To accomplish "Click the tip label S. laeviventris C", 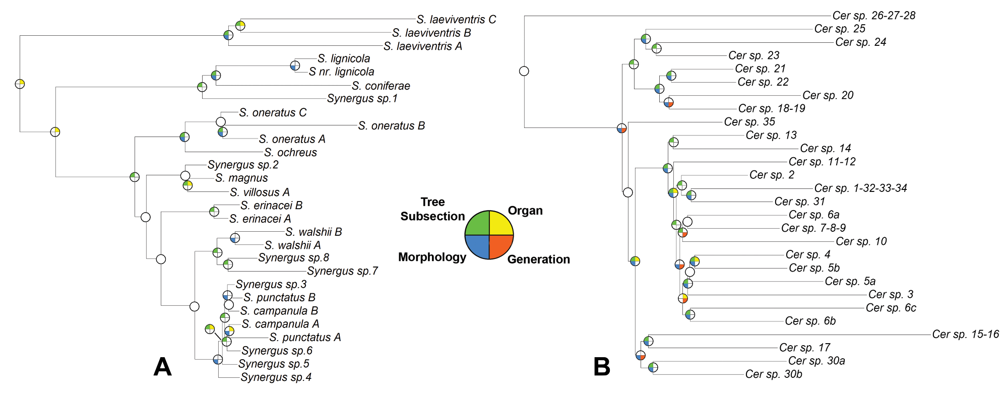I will pos(456,20).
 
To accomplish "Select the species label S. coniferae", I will pos(381,86).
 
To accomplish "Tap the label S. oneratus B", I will pos(391,126).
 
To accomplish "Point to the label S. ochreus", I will pos(290,153).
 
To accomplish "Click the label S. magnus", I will pos(241,178).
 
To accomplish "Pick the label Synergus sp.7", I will pos(342,271).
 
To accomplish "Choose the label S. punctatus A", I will pos(305,338).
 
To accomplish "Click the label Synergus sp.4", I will pos(276,377).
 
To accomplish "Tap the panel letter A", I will pos(162,367).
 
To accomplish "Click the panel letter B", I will pos(602,367).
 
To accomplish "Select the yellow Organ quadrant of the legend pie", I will pos(500,224).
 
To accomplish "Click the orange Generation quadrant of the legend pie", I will pos(500,246).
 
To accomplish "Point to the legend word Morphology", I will pos(432,257).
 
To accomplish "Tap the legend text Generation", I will pos(538,259).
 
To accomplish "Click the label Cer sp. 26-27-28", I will pos(873,16).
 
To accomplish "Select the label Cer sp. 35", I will pos(749,122).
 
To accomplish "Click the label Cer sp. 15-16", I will pos(965,335).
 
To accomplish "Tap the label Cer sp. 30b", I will pos(774,374).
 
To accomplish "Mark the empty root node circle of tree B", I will pos(524,71).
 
